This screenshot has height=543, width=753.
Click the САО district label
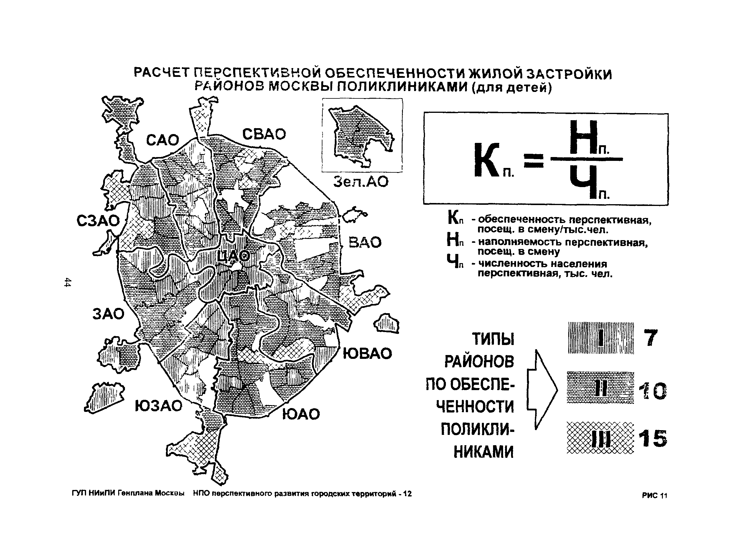(x=162, y=140)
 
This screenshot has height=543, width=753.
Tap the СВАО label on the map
(x=264, y=134)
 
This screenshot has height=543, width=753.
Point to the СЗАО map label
(x=98, y=221)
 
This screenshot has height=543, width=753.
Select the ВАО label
(x=365, y=242)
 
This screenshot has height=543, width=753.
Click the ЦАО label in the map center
(x=233, y=257)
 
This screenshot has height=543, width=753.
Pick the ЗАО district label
(x=108, y=314)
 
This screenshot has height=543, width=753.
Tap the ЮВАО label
(x=367, y=354)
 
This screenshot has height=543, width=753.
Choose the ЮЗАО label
(x=158, y=406)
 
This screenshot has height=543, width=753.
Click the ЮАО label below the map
(x=301, y=414)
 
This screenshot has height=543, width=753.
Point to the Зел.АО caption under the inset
(x=361, y=181)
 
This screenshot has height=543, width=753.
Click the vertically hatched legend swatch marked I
(x=600, y=338)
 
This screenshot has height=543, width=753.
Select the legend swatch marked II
(x=600, y=387)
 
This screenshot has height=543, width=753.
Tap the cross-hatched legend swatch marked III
(x=600, y=438)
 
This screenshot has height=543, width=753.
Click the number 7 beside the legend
(x=650, y=338)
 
